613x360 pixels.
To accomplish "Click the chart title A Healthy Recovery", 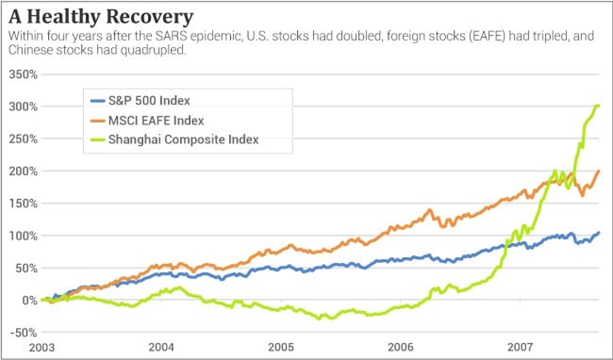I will point(101,16).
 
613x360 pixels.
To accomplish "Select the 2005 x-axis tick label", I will point(281,347).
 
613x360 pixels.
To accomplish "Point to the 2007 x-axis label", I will point(521,347).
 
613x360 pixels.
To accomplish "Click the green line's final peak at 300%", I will point(597,106).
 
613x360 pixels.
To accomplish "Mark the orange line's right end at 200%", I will point(599,171).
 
